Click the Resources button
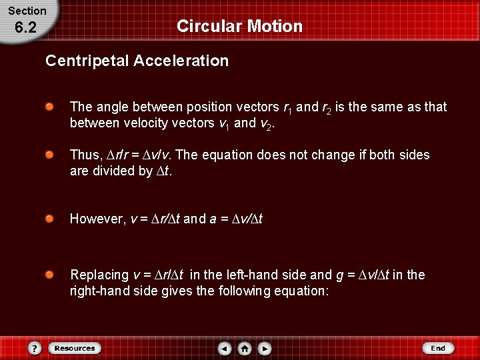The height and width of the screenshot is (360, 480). point(75,348)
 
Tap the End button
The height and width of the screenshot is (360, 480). point(438,348)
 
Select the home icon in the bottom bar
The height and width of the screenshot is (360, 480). point(245,348)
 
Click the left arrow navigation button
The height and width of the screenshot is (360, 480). point(225,348)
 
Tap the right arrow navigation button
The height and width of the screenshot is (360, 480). point(265,348)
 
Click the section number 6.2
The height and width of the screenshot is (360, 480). point(25,27)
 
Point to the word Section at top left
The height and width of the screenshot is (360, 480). point(27,11)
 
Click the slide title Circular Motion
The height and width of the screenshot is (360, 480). point(239,26)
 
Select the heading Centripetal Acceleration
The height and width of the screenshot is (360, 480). point(137,61)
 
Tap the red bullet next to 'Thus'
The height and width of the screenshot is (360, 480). point(50,155)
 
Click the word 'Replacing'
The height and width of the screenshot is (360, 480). point(99,275)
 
